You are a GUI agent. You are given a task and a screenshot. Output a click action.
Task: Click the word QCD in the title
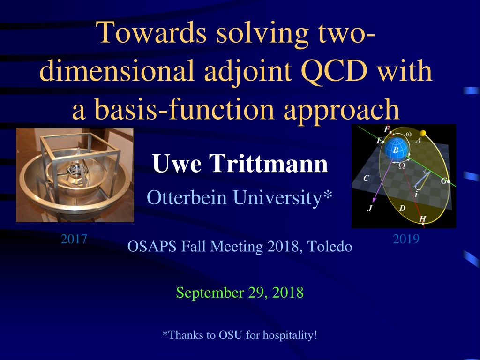[x=334, y=71]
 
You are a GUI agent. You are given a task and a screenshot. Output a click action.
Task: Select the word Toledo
[x=330, y=247]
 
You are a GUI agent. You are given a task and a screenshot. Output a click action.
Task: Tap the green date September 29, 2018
[x=240, y=292]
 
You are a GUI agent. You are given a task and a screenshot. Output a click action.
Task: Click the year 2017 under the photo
[x=74, y=239]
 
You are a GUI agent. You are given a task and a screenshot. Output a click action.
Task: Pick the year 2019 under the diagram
[x=406, y=239]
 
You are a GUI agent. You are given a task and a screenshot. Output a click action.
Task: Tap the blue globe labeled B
[x=396, y=149]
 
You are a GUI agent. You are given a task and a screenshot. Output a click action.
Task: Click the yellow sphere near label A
[x=423, y=133]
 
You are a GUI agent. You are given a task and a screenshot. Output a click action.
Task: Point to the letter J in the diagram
[x=370, y=209]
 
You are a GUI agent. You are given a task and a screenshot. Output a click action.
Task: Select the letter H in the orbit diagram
[x=422, y=218]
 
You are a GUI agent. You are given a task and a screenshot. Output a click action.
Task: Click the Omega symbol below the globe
[x=402, y=165]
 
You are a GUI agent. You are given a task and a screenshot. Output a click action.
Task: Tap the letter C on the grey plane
[x=366, y=178]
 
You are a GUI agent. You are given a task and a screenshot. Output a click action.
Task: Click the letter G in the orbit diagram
[x=444, y=181]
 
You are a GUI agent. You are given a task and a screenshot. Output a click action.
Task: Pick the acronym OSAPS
[x=152, y=247]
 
